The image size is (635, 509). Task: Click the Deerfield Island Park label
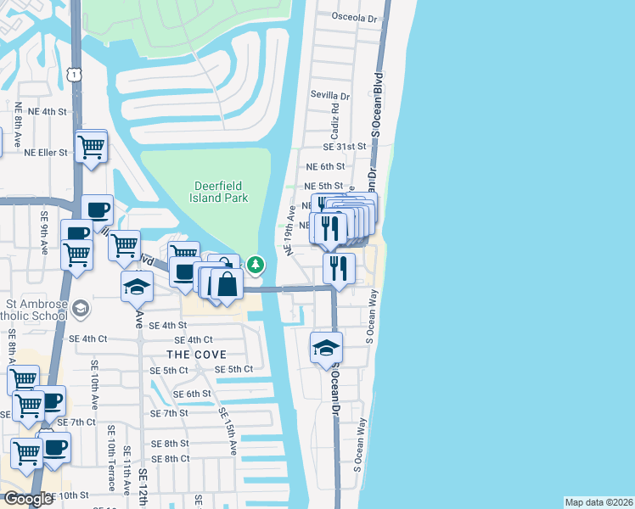219,191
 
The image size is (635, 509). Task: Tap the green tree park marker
256,266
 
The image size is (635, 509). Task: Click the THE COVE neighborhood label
196,354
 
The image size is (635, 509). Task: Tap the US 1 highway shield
76,75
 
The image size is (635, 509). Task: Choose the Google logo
28,499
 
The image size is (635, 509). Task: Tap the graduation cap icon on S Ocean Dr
326,349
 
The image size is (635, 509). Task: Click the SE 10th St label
66,495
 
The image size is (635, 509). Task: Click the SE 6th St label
191,394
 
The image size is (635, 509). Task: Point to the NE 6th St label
325,167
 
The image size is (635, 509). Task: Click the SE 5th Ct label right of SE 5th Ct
233,369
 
